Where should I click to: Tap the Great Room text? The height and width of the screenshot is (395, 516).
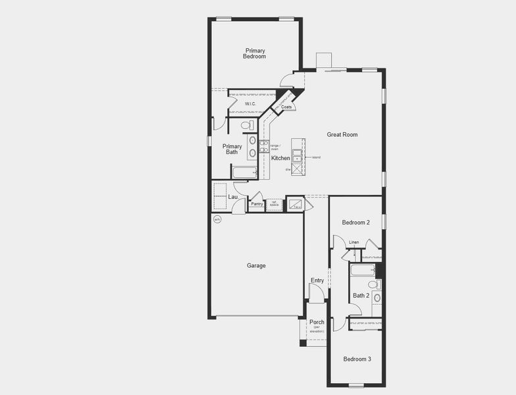point(342,134)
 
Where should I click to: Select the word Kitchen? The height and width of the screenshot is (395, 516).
point(281,158)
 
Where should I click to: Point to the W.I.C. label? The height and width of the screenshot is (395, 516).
point(250,104)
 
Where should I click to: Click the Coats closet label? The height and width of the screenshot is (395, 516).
point(286,107)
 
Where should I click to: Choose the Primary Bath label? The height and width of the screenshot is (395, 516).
point(232,149)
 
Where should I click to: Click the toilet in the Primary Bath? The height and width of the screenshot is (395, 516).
point(247,125)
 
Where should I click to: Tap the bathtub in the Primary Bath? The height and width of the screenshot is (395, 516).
point(244,173)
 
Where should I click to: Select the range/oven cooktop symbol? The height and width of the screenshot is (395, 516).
point(263,146)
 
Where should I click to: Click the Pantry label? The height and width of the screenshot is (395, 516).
point(257,204)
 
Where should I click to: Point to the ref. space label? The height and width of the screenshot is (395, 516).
point(274,204)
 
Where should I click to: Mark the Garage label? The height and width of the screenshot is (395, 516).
point(256,265)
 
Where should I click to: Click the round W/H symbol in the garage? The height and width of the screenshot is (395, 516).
point(217,219)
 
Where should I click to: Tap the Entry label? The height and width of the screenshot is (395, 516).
point(317,280)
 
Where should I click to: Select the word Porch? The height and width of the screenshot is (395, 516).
point(317,322)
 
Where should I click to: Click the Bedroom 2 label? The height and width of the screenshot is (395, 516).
point(355,223)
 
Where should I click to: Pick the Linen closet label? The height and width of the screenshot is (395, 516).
point(354,242)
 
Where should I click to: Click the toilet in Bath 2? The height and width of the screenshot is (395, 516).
point(373,284)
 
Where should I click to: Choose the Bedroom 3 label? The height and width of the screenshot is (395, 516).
point(357,359)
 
